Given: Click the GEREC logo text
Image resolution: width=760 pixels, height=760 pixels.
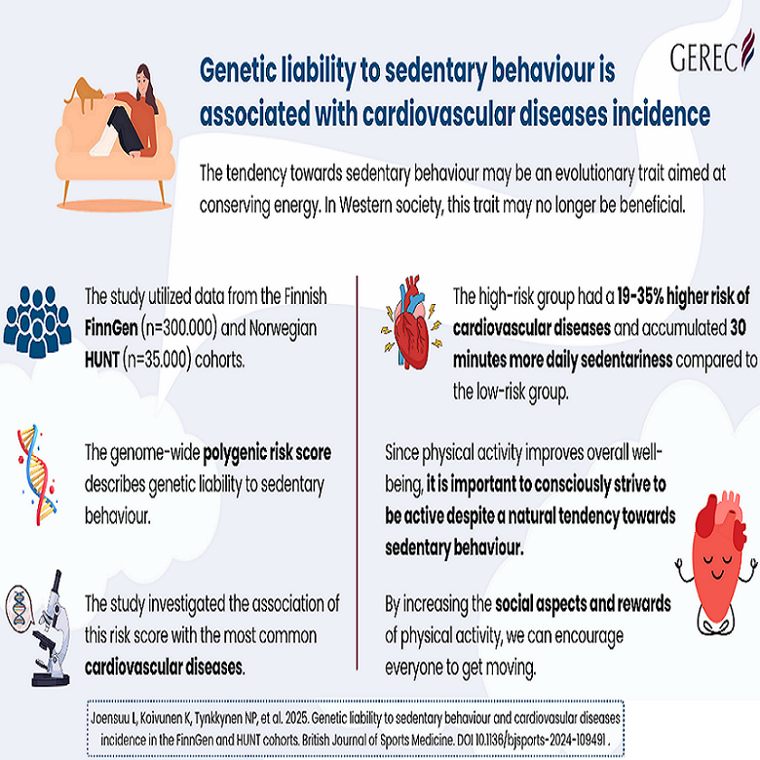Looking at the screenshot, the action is (704, 57).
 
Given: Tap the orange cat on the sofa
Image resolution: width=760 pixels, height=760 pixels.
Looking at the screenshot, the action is (85, 94).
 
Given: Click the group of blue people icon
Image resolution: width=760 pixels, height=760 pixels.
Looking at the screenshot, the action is (37, 321).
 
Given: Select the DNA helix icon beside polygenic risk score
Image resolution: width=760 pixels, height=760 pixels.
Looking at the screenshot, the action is (37, 475).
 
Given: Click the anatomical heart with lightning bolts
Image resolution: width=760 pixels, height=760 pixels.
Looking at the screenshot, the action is (411, 323).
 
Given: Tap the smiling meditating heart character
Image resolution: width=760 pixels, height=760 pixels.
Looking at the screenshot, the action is (716, 562).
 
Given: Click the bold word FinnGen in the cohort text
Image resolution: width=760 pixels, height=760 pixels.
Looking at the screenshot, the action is (111, 328).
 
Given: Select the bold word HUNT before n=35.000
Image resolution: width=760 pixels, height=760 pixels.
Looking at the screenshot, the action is (101, 360).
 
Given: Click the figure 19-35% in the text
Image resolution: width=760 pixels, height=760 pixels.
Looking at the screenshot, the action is (640, 296).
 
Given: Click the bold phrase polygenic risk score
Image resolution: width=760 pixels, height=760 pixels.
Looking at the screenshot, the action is (267, 453).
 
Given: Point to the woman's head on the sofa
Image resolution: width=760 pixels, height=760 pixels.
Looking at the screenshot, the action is (145, 80).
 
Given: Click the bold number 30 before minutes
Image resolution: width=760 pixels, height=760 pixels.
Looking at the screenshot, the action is (739, 328).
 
